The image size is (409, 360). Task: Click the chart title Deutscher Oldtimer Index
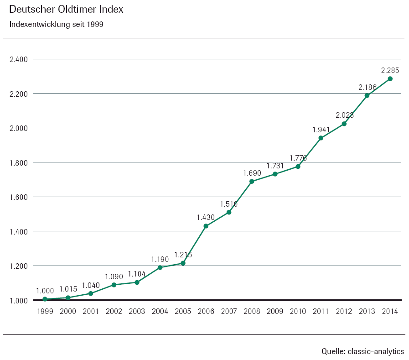point(66,10)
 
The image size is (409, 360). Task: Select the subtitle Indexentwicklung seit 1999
point(56,24)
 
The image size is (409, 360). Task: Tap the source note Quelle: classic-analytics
point(362,351)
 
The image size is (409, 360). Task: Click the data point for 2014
point(390,78)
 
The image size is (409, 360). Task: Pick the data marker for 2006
point(206,226)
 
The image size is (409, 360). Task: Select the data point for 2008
point(252,181)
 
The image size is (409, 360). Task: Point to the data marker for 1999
point(45,299)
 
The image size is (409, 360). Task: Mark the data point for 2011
point(321,138)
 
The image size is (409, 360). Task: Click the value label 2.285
point(390,70)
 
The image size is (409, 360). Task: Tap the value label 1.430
point(206,218)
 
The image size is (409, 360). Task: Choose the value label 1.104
point(137,274)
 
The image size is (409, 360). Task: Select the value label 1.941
point(321,130)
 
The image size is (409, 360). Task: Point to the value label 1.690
point(252,173)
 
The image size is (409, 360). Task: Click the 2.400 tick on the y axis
point(19,59)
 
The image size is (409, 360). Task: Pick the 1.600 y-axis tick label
point(19,197)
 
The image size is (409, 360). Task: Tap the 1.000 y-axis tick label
point(19,301)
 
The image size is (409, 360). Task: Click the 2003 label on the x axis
point(137,311)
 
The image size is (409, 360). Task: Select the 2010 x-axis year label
point(298,311)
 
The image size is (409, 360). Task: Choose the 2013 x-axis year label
point(367,311)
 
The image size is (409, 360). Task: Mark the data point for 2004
point(160,267)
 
